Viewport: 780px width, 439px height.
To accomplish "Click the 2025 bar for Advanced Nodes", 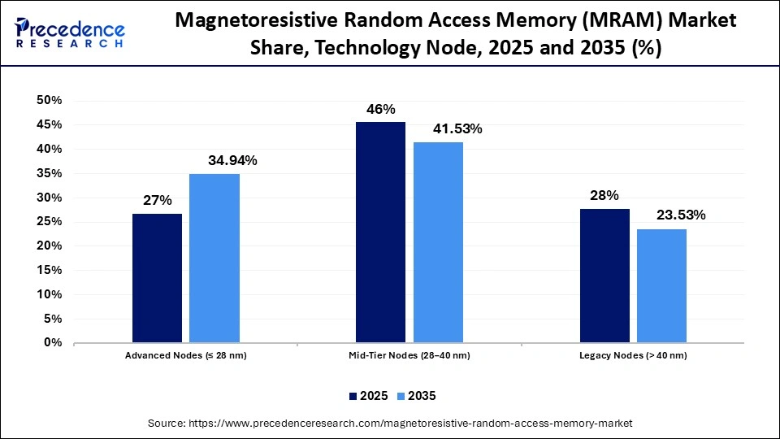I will tap(157, 278).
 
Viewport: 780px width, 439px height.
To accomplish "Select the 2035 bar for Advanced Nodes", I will tap(214, 259).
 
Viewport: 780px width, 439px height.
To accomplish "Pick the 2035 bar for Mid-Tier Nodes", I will tap(439, 242).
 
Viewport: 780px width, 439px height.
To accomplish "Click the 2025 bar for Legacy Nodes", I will tap(604, 276).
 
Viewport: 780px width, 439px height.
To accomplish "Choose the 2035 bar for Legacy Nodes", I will tap(661, 286).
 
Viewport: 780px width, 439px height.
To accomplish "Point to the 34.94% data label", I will tap(232, 161).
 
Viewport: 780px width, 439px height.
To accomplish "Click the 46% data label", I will tap(380, 109).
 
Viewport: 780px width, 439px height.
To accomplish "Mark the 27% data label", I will tap(157, 200).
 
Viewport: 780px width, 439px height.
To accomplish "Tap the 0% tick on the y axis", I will tap(53, 343).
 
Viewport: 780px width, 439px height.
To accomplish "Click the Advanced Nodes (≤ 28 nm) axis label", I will tap(185, 356).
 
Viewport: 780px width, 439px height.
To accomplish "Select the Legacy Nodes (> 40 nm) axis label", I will tap(633, 356).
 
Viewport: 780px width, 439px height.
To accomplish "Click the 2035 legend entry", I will tap(416, 396).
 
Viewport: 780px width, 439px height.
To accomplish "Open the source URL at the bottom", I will tap(389, 424).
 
